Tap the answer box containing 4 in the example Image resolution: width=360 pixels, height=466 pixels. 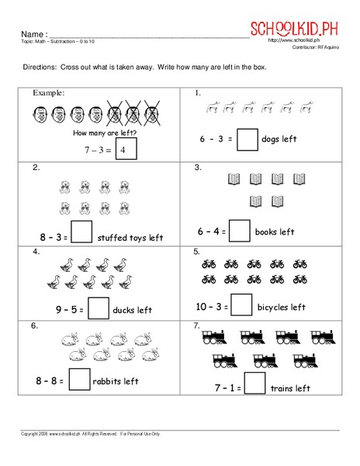(x=126, y=149)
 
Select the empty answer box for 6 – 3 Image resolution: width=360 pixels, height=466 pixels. (x=247, y=140)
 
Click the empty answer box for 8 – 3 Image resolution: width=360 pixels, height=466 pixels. (x=81, y=233)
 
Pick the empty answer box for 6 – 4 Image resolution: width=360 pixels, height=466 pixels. (x=241, y=231)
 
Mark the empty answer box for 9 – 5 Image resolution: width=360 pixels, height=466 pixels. (x=98, y=310)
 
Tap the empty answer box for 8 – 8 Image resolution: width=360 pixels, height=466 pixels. (x=80, y=380)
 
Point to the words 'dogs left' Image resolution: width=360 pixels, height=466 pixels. (x=279, y=140)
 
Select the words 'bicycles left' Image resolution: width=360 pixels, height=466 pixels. (x=282, y=308)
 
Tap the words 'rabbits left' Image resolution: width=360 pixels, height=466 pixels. (x=116, y=381)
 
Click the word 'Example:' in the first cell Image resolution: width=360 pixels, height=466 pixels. (x=48, y=92)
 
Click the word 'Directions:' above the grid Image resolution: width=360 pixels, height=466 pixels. (x=38, y=68)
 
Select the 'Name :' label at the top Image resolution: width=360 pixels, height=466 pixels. (x=33, y=35)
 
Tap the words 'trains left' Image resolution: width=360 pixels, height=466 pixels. (x=290, y=388)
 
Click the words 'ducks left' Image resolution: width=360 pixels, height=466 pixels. (x=133, y=311)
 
